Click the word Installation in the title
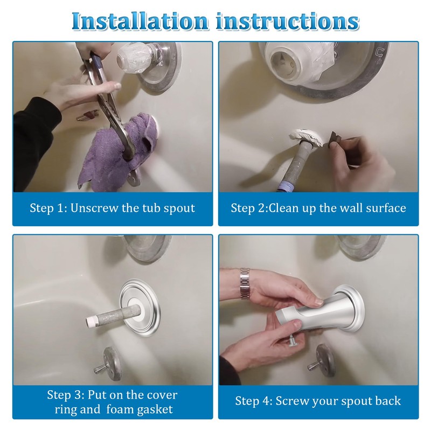click(140, 21)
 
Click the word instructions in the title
click(288, 21)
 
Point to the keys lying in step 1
click(87, 115)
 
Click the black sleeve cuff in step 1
click(37, 129)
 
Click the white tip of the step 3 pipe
click(91, 321)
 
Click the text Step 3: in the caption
click(65, 395)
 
